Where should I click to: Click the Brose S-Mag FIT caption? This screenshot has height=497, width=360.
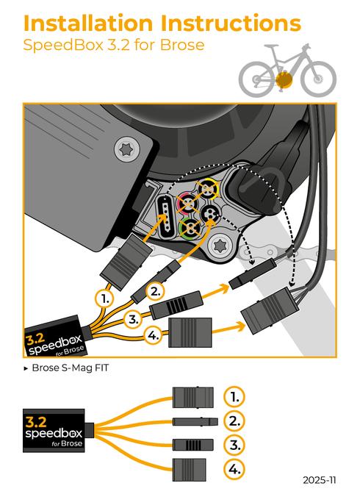(69, 367)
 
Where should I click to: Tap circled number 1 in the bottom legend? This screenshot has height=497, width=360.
(233, 397)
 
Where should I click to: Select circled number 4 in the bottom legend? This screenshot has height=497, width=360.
(233, 468)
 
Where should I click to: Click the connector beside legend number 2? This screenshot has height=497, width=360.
(193, 421)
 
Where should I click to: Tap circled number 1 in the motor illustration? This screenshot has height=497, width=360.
(105, 298)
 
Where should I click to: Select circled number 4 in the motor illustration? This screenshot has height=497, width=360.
(152, 336)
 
